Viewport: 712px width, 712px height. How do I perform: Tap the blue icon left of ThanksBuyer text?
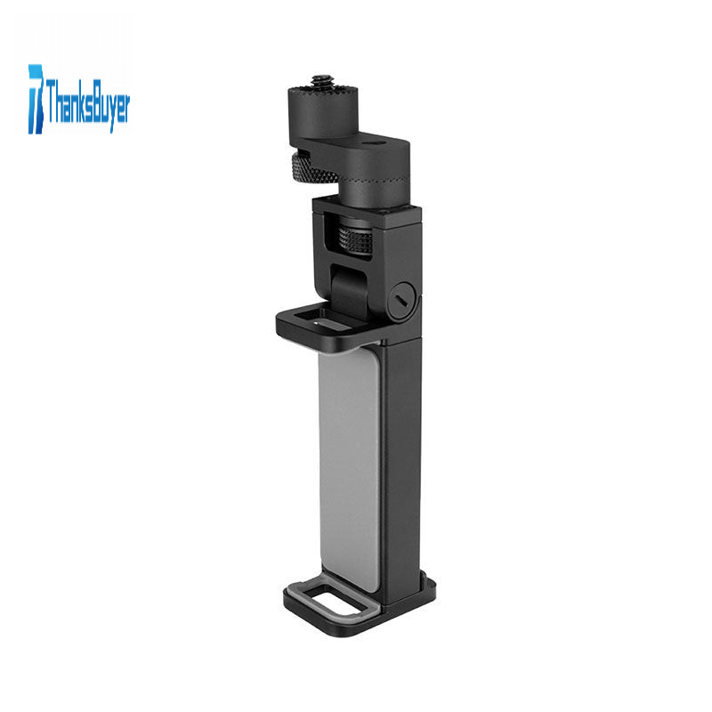pyautogui.click(x=36, y=99)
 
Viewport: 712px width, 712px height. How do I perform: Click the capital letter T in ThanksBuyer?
pyautogui.click(x=51, y=100)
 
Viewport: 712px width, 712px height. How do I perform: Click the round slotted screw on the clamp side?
pyautogui.click(x=403, y=300)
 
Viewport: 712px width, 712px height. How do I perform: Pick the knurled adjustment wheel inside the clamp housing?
pyautogui.click(x=356, y=237)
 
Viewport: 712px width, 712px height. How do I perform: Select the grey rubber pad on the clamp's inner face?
pyautogui.click(x=349, y=468)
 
